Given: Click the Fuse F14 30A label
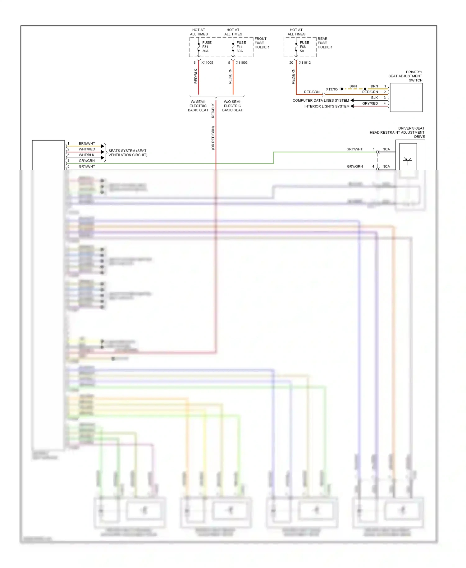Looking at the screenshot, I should [241, 47].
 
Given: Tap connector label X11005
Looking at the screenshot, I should [207, 63].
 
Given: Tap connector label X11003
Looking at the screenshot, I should [242, 63].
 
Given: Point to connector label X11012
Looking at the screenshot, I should [305, 63].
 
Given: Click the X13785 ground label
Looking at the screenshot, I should [332, 89].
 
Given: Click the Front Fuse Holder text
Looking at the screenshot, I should [262, 43].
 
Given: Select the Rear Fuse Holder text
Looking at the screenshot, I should [325, 43].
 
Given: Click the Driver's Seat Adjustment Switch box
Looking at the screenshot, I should [406, 98].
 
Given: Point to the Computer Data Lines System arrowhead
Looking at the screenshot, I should [352, 100].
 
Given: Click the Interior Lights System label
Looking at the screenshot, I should [327, 107].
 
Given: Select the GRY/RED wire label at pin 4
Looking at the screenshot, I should [370, 103].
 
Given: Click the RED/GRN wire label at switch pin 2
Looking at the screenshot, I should [370, 92].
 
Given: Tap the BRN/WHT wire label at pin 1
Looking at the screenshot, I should [87, 144].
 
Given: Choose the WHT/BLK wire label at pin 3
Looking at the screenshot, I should [86, 155].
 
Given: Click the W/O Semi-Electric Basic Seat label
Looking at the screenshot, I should [232, 106].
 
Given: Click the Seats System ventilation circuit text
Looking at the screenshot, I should [128, 153].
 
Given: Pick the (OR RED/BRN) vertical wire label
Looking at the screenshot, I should [213, 138].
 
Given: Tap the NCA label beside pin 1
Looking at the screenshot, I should [386, 149].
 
